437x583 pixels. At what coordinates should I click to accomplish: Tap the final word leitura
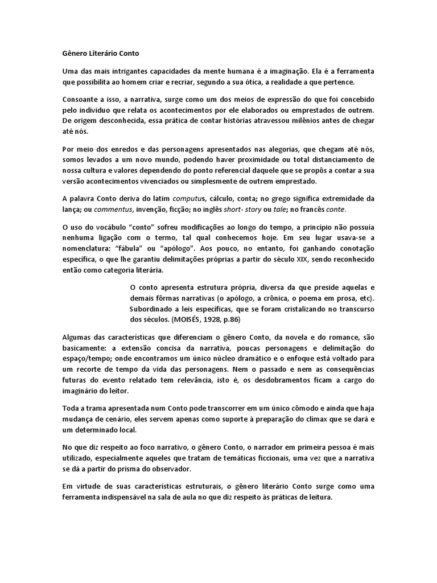[317, 496]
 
